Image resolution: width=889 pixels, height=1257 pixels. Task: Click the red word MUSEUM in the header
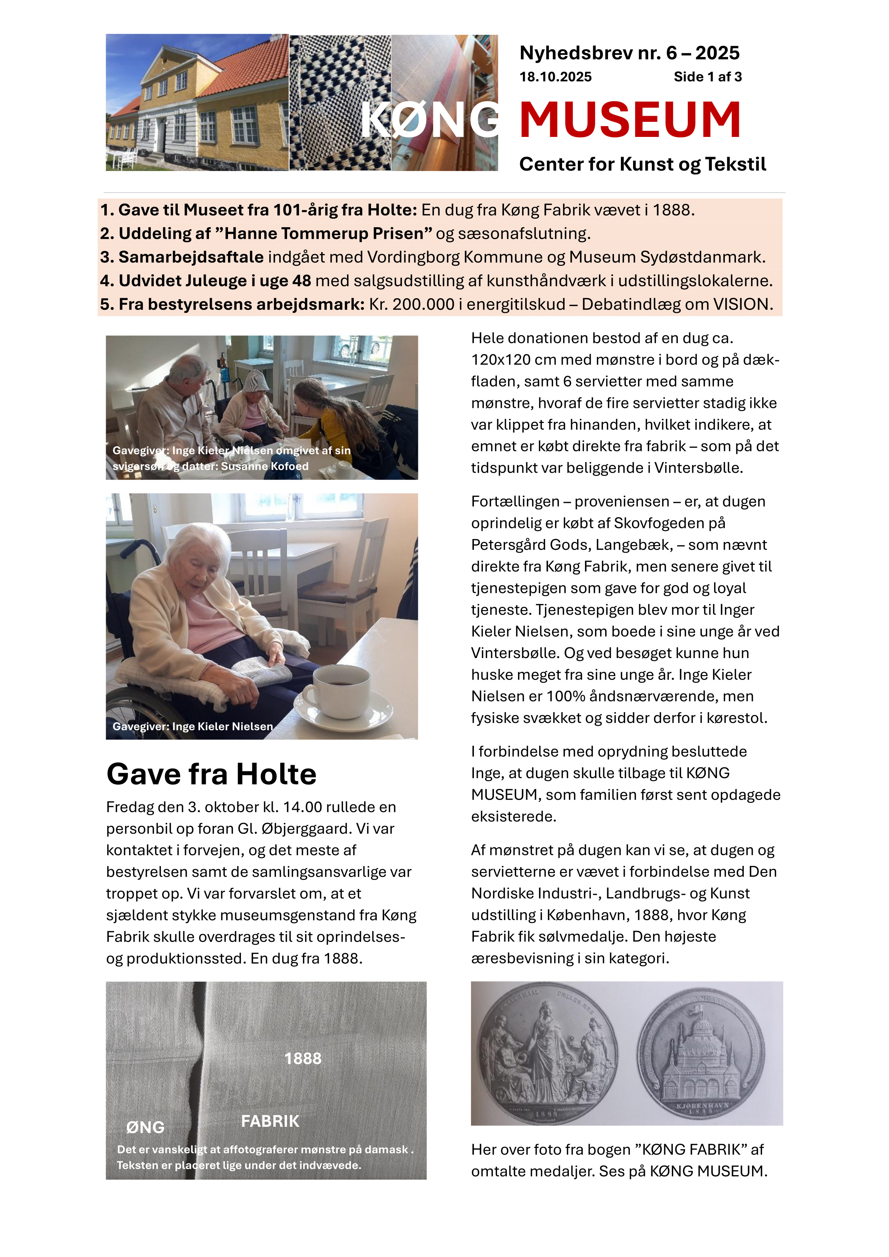629,120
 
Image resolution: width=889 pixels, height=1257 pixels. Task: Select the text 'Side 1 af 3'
707,77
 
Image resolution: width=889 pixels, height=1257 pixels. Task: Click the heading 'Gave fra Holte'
211,774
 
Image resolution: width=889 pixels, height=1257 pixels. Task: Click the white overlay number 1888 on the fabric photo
303,1059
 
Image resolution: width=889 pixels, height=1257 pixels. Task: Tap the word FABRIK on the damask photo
270,1121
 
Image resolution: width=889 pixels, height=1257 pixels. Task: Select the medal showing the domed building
701,1053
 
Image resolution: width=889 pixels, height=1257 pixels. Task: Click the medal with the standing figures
547,1053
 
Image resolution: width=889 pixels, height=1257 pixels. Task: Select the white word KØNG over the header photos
430,120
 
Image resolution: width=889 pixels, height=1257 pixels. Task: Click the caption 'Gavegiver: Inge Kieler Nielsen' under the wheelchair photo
193,727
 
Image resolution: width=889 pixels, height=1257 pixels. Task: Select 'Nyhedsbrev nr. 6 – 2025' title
629,53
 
